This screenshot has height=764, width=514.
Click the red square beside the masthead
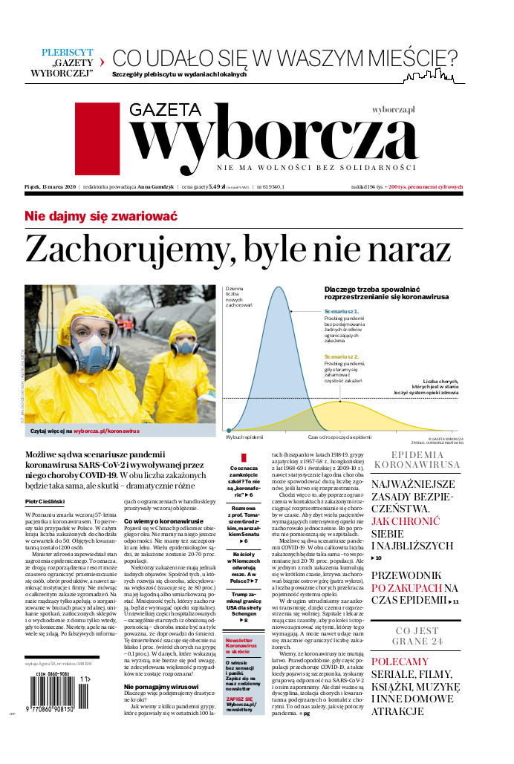[x=97, y=138]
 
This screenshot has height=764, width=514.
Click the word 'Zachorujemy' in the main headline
[x=120, y=249]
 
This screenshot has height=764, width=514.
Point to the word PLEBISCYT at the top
[x=68, y=53]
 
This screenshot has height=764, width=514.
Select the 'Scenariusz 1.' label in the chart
[x=341, y=312]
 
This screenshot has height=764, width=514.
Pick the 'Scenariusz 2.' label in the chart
[x=341, y=356]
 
